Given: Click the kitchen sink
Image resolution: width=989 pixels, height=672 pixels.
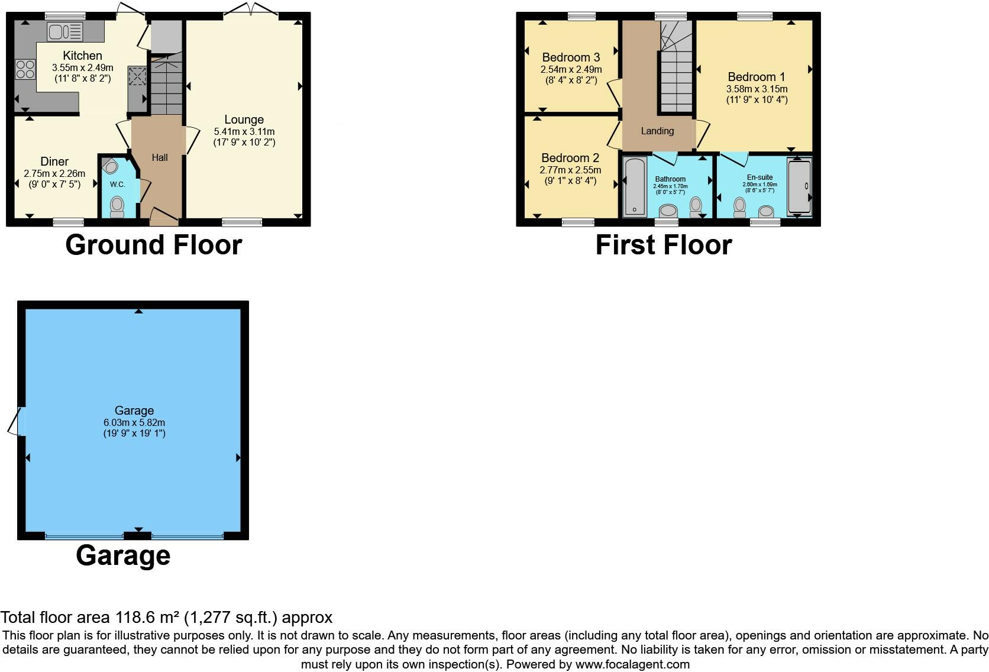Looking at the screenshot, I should point(65,31).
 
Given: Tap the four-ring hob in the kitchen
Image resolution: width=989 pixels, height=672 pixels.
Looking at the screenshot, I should point(25,69).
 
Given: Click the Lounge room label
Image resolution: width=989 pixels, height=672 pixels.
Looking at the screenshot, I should point(244,119).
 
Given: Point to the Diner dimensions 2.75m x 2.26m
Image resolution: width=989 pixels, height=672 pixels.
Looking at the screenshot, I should point(54,174).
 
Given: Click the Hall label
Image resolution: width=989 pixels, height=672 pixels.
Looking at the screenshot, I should point(160,157).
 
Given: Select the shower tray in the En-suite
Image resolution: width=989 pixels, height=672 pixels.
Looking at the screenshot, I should point(799,187).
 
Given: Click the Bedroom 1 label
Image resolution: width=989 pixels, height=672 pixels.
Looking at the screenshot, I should point(756,77).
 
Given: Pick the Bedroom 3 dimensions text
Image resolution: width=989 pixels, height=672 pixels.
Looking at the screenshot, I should point(571,70).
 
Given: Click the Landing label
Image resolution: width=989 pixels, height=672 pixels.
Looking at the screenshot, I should point(657,131).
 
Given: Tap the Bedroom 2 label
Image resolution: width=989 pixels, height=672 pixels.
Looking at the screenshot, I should point(570,158).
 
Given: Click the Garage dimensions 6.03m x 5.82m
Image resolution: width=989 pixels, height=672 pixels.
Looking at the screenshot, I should point(134,423).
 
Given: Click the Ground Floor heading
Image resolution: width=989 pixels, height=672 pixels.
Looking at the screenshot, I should point(154,245).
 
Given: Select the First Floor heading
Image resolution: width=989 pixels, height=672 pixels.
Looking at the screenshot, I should point(663,245).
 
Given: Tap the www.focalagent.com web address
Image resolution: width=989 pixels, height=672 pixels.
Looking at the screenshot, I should point(632,664).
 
